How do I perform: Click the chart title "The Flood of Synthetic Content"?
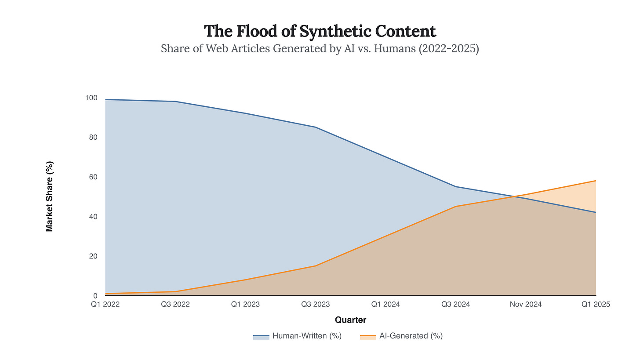click(x=320, y=31)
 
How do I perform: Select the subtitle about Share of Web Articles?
click(x=320, y=48)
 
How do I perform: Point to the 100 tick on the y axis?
click(x=91, y=98)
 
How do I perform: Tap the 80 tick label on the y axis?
click(x=93, y=137)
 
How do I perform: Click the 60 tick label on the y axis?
click(x=93, y=177)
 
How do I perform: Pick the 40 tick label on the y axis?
click(x=93, y=217)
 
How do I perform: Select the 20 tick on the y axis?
click(x=93, y=256)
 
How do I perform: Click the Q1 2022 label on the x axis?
click(x=105, y=304)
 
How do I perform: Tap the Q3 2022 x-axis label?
click(x=175, y=304)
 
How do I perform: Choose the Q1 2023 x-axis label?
click(x=245, y=304)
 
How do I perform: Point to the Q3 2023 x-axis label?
click(x=316, y=304)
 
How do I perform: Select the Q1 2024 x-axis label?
click(x=385, y=304)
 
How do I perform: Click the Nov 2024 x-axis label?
click(x=526, y=304)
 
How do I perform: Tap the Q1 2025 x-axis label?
click(x=596, y=304)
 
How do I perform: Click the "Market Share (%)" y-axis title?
click(x=50, y=196)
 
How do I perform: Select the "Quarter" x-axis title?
click(x=350, y=320)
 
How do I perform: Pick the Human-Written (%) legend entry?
click(x=298, y=336)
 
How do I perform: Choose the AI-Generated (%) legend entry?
click(x=401, y=336)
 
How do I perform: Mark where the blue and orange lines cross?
click(x=514, y=196)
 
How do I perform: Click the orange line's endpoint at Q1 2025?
click(x=596, y=181)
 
